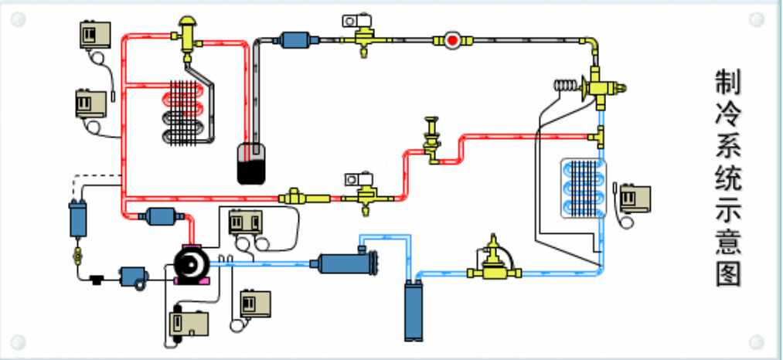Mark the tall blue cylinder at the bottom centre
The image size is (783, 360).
pos(415,311)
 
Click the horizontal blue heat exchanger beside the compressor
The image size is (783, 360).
pos(344,263)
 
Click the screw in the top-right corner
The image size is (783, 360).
pos(761,17)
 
